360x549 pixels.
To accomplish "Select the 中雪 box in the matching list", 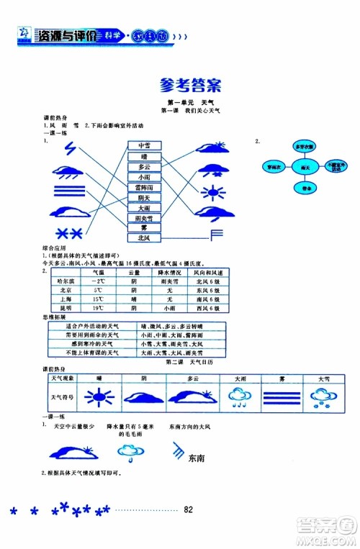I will pyautogui.click(x=145, y=145).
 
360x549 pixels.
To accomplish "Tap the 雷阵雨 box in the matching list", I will pyautogui.click(x=145, y=187).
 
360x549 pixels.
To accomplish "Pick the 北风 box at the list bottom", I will pyautogui.click(x=145, y=237).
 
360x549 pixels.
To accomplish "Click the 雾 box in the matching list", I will pyautogui.click(x=145, y=227).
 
